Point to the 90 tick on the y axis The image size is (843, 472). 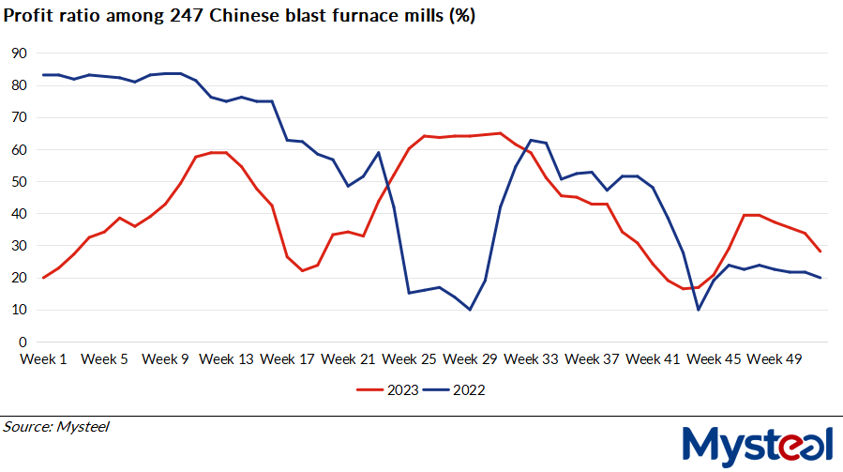pyautogui.click(x=18, y=53)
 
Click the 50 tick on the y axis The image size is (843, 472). pyautogui.click(x=18, y=182)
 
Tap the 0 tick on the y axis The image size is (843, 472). pyautogui.click(x=23, y=342)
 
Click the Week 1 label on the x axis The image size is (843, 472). pyautogui.click(x=44, y=358)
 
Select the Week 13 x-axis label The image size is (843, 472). pyautogui.click(x=227, y=358)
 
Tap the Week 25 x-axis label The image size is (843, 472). pyautogui.click(x=410, y=358)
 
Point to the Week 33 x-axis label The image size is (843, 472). pyautogui.click(x=532, y=358)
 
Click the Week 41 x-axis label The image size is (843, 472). pyautogui.click(x=654, y=358)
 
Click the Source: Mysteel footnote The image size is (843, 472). pyautogui.click(x=56, y=427)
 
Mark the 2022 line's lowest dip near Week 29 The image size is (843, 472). pyautogui.click(x=470, y=309)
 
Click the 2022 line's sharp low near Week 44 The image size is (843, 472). pyautogui.click(x=699, y=309)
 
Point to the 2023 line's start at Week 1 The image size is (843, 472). pyautogui.click(x=44, y=278)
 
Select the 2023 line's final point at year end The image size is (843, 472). pyautogui.click(x=820, y=251)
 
